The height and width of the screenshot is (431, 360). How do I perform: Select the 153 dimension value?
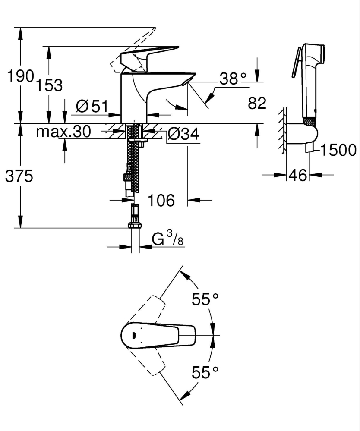[x=49, y=85]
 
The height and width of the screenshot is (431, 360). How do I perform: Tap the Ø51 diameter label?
[x=91, y=106]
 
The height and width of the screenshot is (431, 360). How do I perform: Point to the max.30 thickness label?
[x=63, y=132]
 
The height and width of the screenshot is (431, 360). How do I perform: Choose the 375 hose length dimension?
[x=19, y=176]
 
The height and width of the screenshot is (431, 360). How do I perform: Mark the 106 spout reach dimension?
[x=161, y=200]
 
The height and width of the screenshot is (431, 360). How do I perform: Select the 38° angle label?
[x=233, y=79]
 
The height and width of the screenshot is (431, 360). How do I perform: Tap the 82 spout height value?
[x=257, y=103]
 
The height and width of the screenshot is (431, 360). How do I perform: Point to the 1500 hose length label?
[x=338, y=150]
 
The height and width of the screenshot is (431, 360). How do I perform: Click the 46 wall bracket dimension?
[x=297, y=175]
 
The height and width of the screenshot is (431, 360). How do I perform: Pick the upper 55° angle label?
[x=205, y=299]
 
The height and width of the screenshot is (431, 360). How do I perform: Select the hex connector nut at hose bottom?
[x=135, y=224]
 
